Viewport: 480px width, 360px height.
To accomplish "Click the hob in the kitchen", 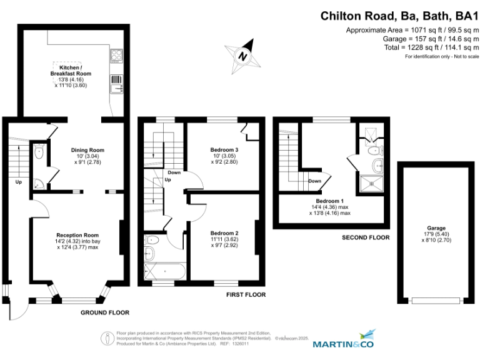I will click(x=116, y=56).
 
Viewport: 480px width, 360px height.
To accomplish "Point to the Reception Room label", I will click(x=77, y=235).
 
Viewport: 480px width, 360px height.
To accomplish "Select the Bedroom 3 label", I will click(x=224, y=150).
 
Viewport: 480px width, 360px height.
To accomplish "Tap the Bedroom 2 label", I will click(x=224, y=233).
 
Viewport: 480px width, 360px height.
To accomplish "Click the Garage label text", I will click(x=436, y=228).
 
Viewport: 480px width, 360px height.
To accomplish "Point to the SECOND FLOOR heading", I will click(x=366, y=237).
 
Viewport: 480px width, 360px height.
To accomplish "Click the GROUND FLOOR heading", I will click(x=105, y=312).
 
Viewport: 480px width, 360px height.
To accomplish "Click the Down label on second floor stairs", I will click(x=316, y=181).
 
